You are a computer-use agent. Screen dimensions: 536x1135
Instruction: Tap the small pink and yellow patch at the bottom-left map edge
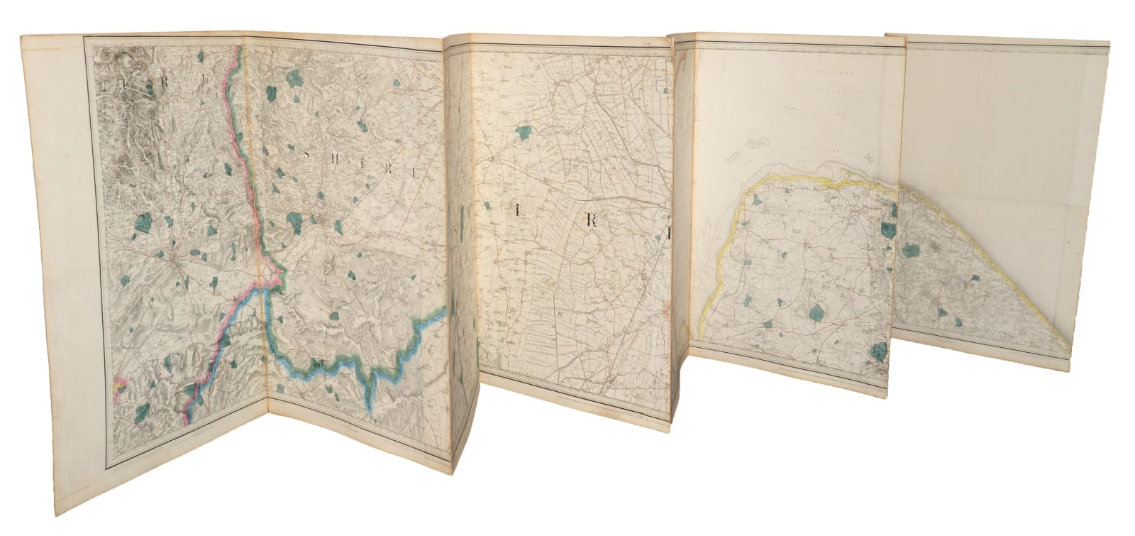121,384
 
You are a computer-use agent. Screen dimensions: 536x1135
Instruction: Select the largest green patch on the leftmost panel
142,225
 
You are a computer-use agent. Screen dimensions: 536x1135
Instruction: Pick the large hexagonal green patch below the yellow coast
816,310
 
